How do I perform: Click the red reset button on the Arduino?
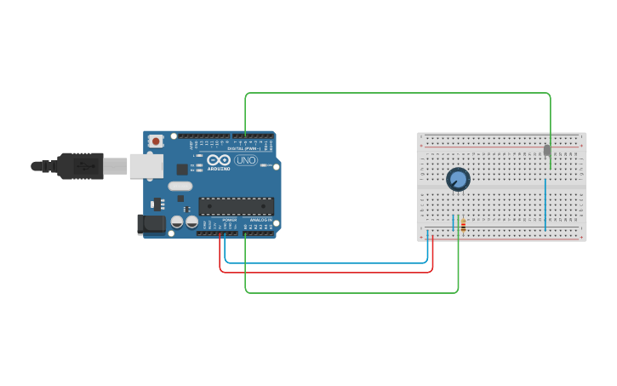click(156, 141)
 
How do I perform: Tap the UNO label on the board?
click(245, 160)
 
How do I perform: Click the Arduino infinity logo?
click(219, 159)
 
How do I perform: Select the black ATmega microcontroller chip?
click(236, 206)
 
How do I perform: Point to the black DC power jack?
click(151, 224)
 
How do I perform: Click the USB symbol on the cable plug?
click(84, 165)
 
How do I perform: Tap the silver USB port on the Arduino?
click(146, 165)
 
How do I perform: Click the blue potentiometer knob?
click(458, 180)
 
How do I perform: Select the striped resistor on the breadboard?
click(462, 224)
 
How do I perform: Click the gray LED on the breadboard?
click(547, 151)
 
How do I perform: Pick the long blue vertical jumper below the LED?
click(545, 205)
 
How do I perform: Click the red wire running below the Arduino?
click(323, 273)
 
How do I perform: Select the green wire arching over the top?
click(391, 93)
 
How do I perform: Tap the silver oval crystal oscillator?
click(180, 186)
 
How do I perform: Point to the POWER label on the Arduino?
click(229, 220)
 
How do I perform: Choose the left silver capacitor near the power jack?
click(177, 222)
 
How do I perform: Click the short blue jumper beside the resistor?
click(453, 223)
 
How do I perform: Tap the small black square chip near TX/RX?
click(182, 169)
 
